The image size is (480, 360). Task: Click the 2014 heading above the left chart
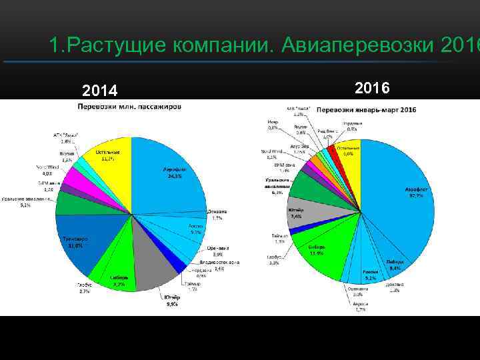pos(99,91)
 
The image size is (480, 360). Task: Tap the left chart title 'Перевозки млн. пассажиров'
pos(131,107)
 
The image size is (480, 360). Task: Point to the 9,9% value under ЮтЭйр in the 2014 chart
pos(173,304)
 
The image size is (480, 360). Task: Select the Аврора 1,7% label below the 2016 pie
pos(359,306)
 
